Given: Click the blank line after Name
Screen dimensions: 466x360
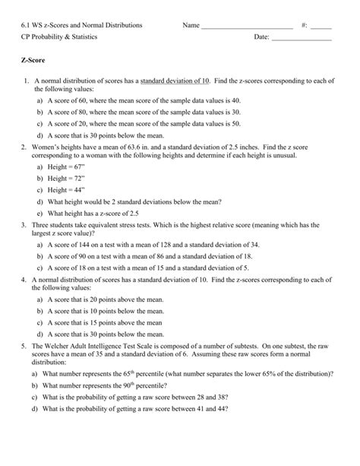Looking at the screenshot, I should tap(246, 27).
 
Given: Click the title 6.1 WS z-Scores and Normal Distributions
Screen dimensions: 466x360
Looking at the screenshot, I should tap(81, 25).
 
